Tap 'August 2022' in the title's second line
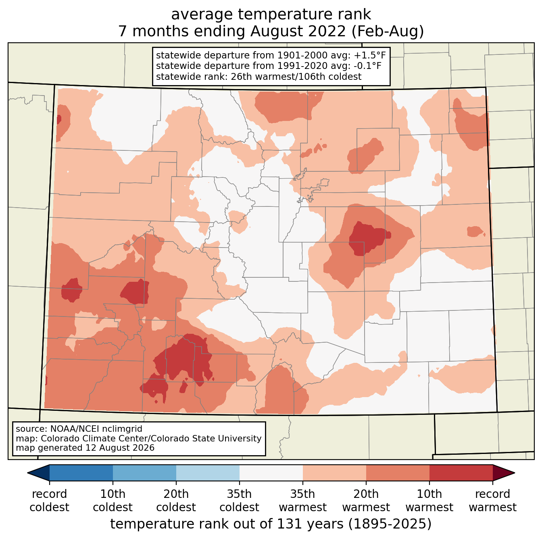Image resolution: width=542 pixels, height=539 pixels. (x=298, y=31)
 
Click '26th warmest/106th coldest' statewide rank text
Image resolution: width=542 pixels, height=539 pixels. (x=296, y=77)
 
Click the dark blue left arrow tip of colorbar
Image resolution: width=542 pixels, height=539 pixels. (x=27, y=473)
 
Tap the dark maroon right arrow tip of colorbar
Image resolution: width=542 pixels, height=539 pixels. (x=515, y=473)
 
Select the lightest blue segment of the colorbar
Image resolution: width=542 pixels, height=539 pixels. (x=208, y=473)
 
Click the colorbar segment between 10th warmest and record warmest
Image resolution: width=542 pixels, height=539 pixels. (x=461, y=473)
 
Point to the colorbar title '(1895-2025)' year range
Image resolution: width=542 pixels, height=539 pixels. (x=390, y=524)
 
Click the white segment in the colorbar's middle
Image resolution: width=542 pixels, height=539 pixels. (x=271, y=473)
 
